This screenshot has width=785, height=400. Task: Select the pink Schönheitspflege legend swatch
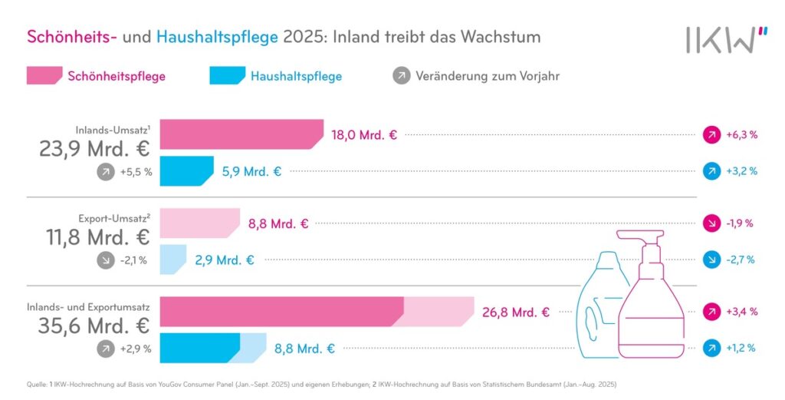click(44, 76)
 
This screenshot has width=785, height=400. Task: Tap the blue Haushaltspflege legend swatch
click(225, 76)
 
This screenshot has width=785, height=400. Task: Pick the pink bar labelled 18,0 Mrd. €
click(241, 134)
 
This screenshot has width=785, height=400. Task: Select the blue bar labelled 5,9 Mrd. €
click(186, 170)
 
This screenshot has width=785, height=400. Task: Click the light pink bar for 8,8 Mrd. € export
click(199, 223)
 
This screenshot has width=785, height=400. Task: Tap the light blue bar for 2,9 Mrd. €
click(172, 260)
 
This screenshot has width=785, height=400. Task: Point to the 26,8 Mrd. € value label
click(516, 312)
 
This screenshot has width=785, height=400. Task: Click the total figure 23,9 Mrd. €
click(95, 149)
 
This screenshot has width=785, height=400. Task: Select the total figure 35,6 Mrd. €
click(95, 326)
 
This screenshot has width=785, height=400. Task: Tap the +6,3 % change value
click(741, 134)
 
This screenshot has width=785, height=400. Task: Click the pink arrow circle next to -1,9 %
click(712, 223)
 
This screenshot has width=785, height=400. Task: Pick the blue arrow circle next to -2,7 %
click(712, 260)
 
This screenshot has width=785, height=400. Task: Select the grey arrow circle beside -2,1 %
click(105, 260)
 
